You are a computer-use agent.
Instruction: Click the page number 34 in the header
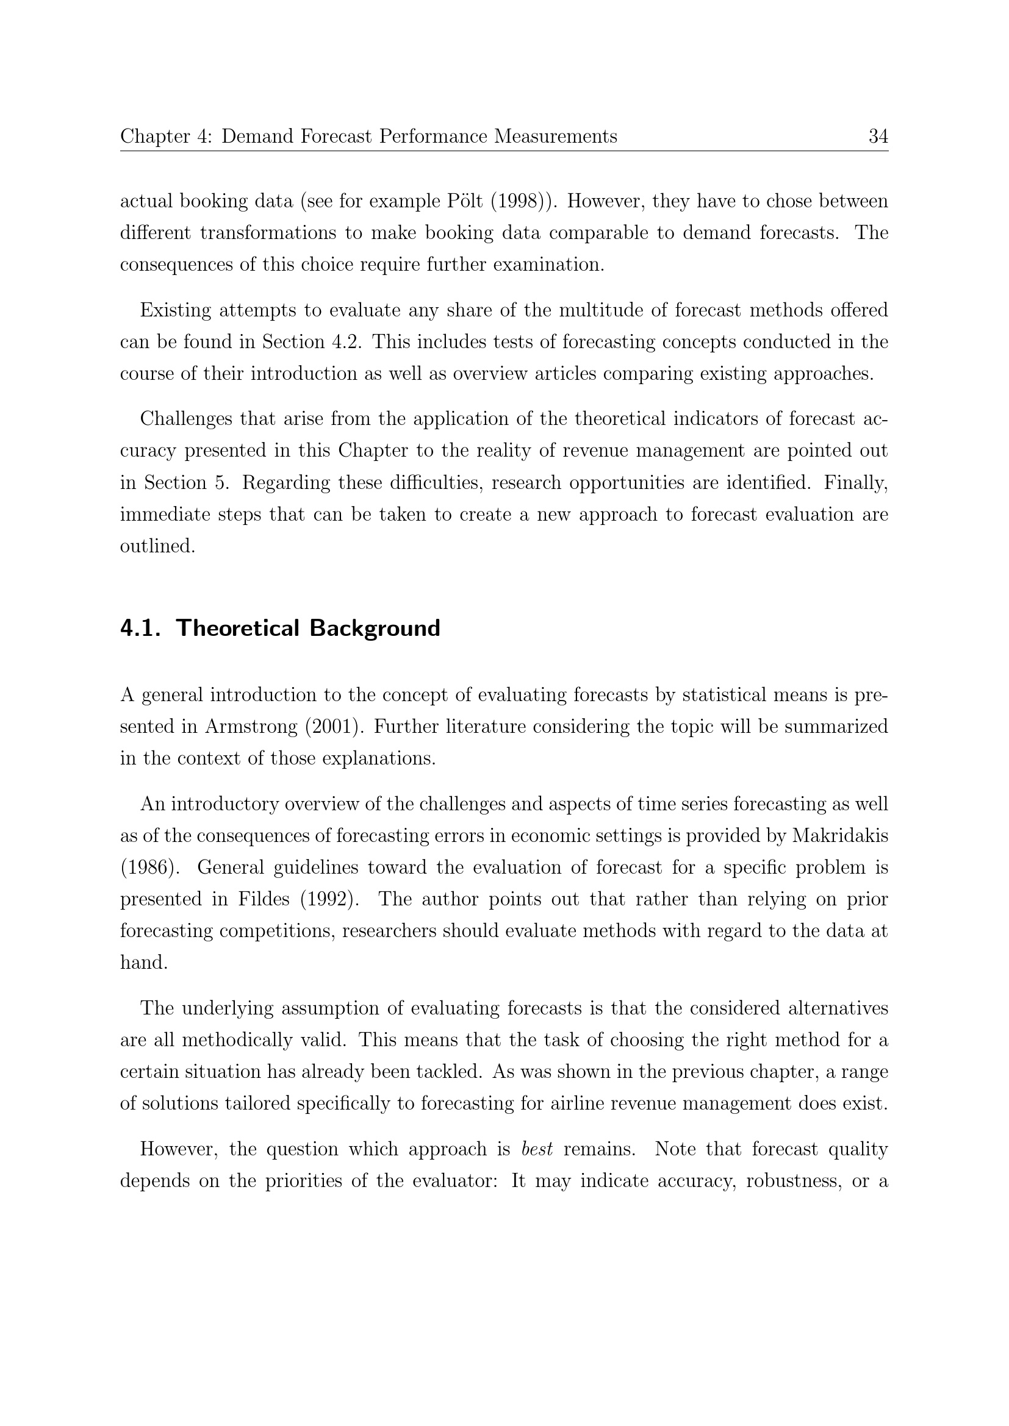tap(878, 136)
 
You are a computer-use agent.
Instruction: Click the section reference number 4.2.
tap(345, 341)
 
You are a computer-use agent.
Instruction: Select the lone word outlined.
tap(157, 546)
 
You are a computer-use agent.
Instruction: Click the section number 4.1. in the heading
tap(141, 628)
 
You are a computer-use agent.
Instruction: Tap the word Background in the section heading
tap(375, 628)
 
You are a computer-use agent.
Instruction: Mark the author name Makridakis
tap(840, 836)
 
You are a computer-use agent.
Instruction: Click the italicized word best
tap(537, 1149)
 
